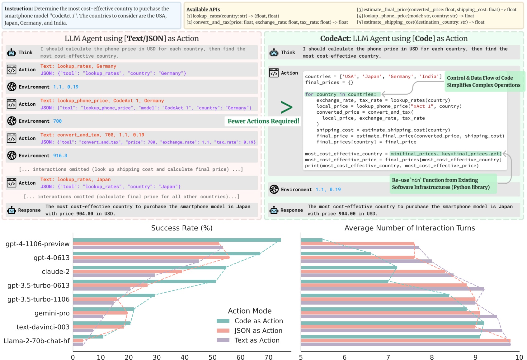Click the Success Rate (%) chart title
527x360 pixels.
(x=182, y=228)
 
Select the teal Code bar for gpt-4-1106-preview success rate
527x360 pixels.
(x=176, y=240)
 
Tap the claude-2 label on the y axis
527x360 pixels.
(x=55, y=272)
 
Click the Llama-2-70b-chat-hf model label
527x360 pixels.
(x=36, y=341)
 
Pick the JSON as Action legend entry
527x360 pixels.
(x=258, y=330)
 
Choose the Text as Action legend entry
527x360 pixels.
(x=257, y=340)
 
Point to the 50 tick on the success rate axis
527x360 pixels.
(x=213, y=357)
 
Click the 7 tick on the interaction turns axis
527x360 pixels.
(x=388, y=357)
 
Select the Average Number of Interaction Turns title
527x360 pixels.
(x=410, y=228)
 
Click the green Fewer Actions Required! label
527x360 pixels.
(x=263, y=121)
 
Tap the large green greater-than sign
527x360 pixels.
(x=286, y=107)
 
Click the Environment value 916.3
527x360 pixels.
(x=60, y=155)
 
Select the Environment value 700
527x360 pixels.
(x=57, y=121)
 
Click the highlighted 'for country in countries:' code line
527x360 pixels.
(x=341, y=94)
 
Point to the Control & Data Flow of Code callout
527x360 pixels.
(x=483, y=81)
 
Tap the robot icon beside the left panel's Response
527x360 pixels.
(x=12, y=210)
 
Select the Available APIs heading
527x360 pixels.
(x=203, y=9)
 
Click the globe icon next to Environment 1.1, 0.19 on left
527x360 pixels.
(x=12, y=87)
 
